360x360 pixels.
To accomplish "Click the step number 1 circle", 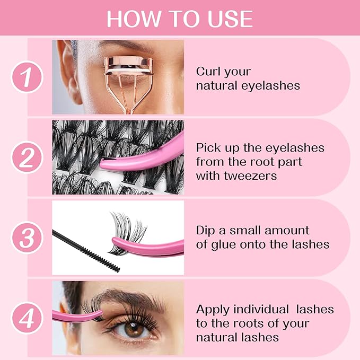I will click(x=27, y=78).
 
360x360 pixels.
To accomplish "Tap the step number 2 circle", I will click(x=27, y=159).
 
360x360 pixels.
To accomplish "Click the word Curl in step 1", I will click(x=208, y=72).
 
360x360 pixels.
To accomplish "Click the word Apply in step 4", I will click(x=212, y=310).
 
